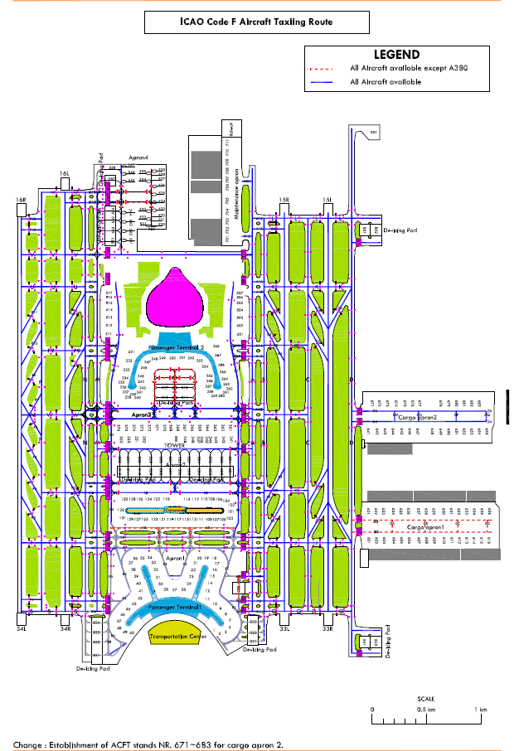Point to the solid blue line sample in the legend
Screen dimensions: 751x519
(324, 82)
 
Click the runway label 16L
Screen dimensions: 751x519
(64, 173)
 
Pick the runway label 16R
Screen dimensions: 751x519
(22, 201)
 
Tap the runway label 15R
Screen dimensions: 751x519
(284, 201)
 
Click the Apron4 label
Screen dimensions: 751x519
(138, 157)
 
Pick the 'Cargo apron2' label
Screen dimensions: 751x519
(418, 418)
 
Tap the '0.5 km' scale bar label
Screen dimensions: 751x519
(426, 710)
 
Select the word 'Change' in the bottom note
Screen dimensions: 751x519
(30, 744)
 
